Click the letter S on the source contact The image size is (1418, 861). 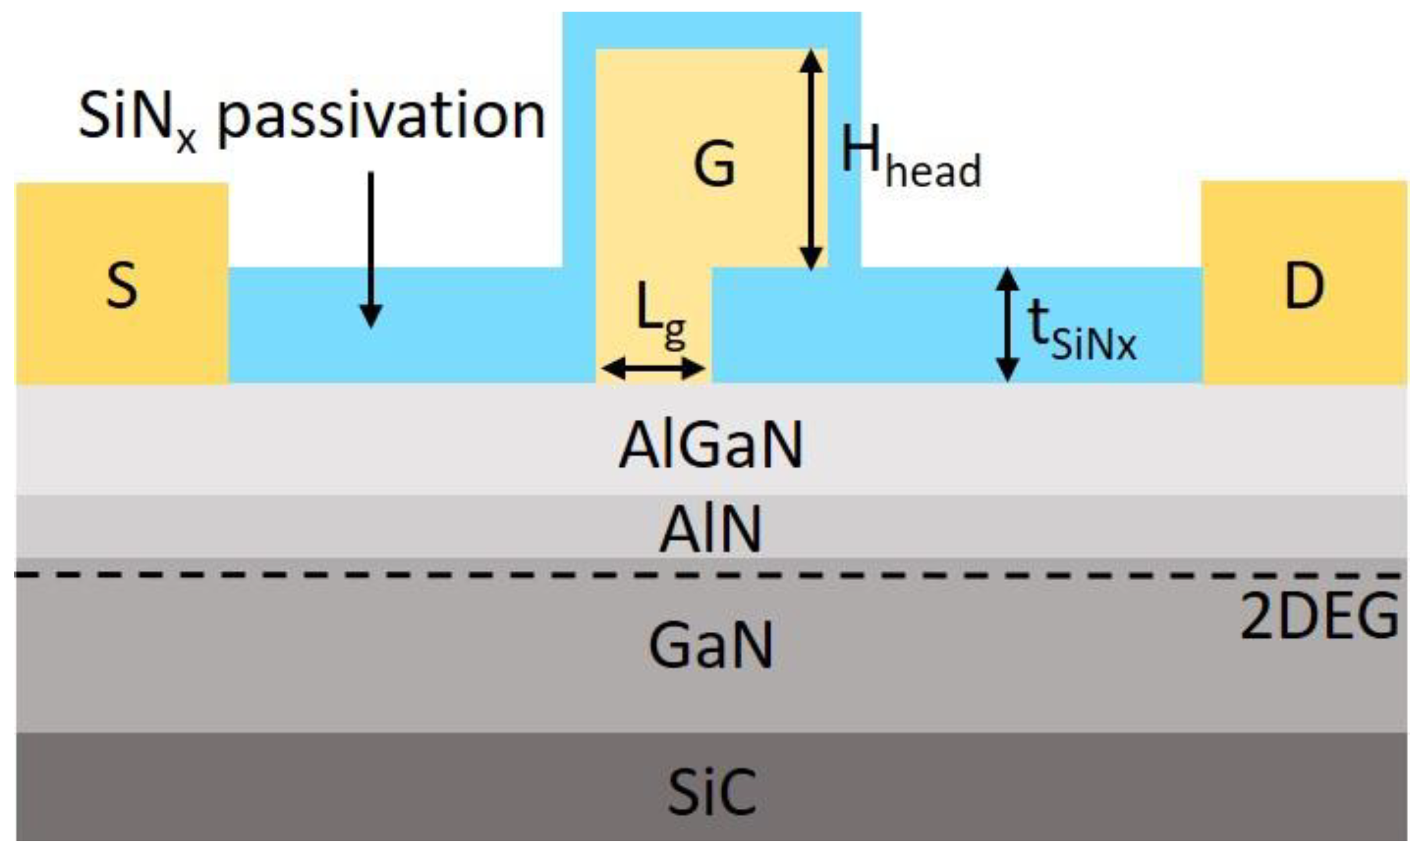click(122, 285)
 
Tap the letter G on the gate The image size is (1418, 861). click(714, 163)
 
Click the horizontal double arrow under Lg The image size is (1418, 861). click(653, 368)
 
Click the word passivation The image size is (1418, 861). click(381, 116)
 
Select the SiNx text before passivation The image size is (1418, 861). click(137, 119)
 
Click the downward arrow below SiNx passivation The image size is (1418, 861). click(371, 250)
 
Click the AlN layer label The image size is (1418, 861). click(710, 529)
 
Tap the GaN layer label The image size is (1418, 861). click(710, 645)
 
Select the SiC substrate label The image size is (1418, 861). click(711, 792)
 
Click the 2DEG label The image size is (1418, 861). click(1319, 616)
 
